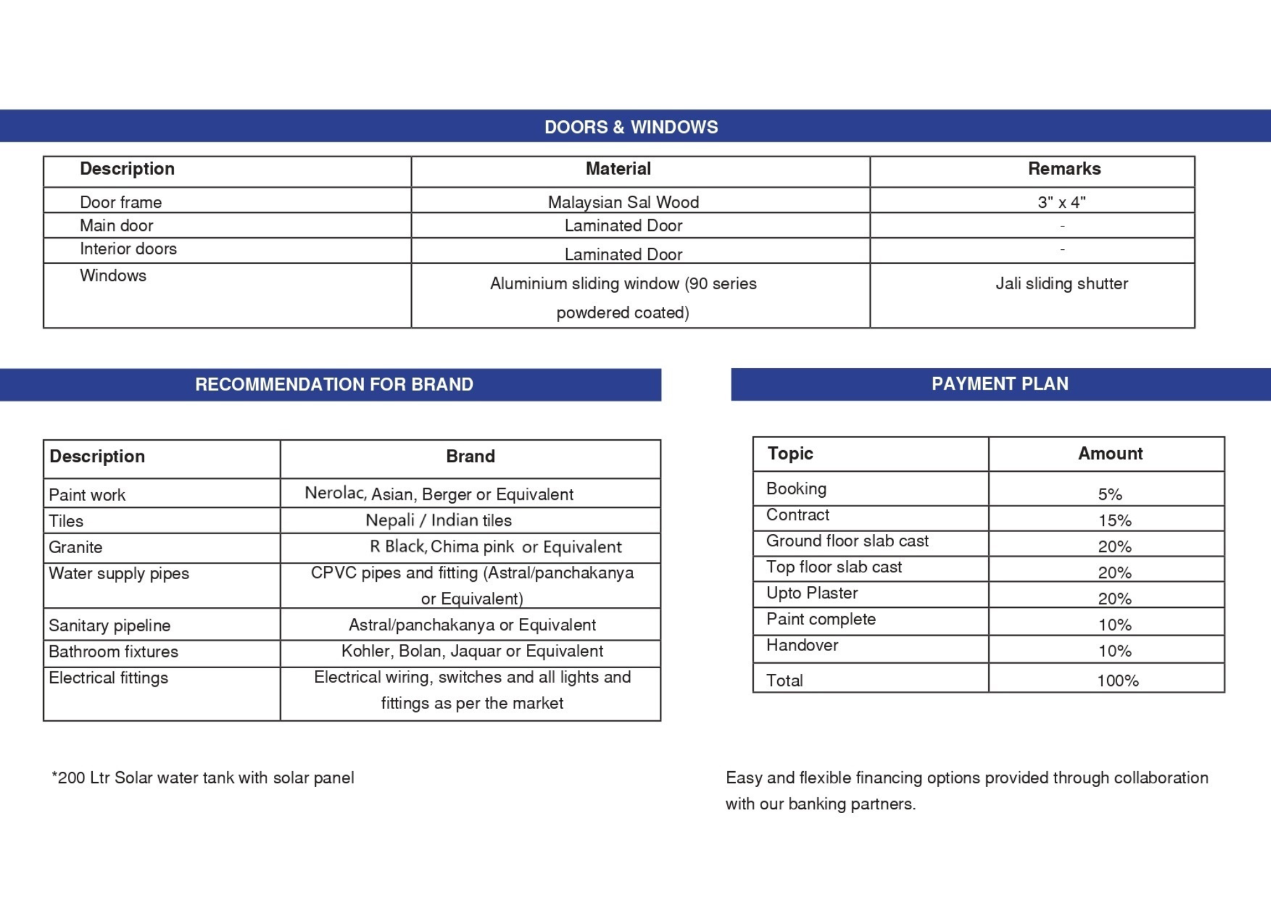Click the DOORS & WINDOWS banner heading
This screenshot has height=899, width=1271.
pyautogui.click(x=631, y=127)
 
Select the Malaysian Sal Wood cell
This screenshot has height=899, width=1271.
pyautogui.click(x=623, y=202)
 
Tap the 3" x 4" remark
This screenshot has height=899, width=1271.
pyautogui.click(x=1061, y=202)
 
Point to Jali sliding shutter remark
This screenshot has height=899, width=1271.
pyautogui.click(x=1061, y=284)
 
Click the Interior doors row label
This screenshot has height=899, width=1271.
pyautogui.click(x=128, y=249)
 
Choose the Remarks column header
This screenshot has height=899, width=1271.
pyautogui.click(x=1064, y=169)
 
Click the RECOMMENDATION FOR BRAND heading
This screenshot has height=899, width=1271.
pyautogui.click(x=334, y=385)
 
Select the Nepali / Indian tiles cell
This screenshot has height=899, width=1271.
pyautogui.click(x=438, y=521)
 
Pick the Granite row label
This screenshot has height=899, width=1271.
pyautogui.click(x=76, y=547)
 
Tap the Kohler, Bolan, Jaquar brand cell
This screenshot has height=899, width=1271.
pyautogui.click(x=472, y=651)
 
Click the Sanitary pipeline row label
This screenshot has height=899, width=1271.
pyautogui.click(x=109, y=626)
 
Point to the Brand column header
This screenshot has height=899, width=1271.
pyautogui.click(x=470, y=456)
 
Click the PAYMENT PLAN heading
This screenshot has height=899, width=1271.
pyautogui.click(x=1000, y=384)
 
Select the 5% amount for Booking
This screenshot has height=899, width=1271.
pyautogui.click(x=1110, y=495)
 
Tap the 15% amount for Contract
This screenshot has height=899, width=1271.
pyautogui.click(x=1115, y=521)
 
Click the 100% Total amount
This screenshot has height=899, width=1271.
pyautogui.click(x=1117, y=681)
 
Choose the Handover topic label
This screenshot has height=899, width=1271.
pyautogui.click(x=802, y=645)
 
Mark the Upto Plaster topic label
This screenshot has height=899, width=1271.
pyautogui.click(x=812, y=593)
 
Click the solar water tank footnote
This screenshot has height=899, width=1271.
pyautogui.click(x=203, y=778)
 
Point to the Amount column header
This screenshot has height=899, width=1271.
pyautogui.click(x=1110, y=454)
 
